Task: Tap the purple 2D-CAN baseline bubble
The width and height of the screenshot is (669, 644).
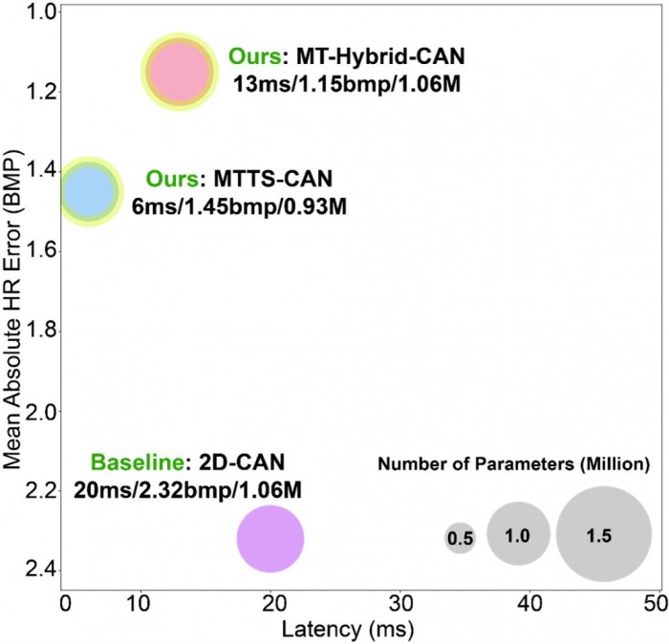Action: coord(270,539)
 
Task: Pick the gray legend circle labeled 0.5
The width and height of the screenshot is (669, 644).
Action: coord(460,539)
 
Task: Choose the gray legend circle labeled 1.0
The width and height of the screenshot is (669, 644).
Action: coord(517,536)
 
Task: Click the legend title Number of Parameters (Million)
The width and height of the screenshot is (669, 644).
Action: coord(514,465)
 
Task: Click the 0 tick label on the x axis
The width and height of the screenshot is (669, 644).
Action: coord(65,604)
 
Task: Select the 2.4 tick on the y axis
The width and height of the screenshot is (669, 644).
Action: coord(36,571)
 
